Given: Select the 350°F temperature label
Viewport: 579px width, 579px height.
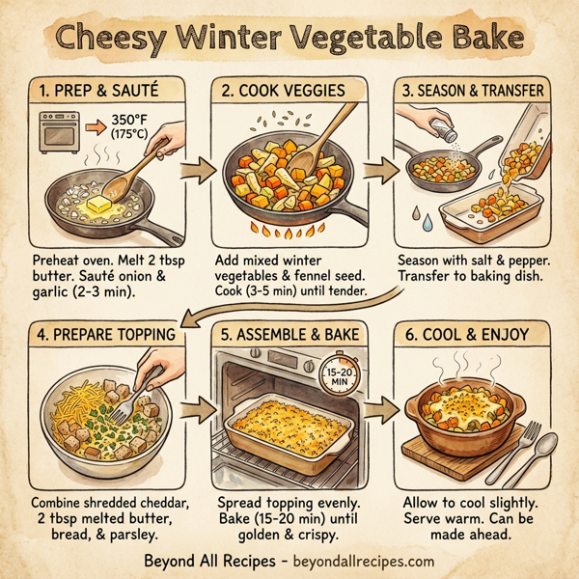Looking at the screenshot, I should [128, 123].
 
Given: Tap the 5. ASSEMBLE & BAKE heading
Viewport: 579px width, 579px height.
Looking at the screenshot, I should [288, 335].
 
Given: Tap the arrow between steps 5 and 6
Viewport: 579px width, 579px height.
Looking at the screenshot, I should [383, 416].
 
